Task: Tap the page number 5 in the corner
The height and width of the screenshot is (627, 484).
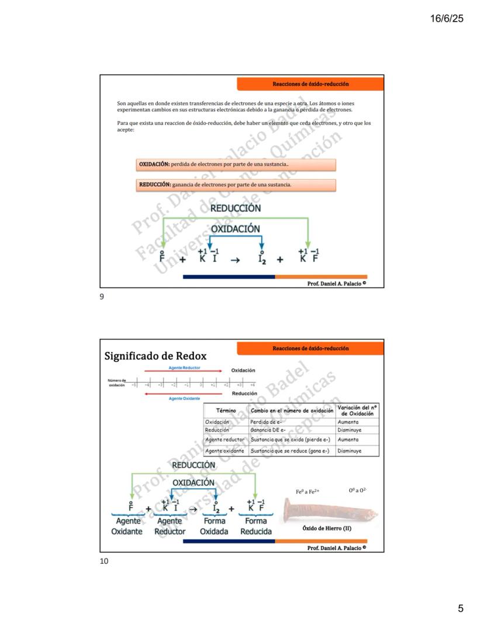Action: [x=461, y=609]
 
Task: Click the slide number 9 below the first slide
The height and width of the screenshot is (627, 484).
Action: [x=102, y=297]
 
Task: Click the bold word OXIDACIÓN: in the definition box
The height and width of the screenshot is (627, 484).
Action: [x=154, y=165]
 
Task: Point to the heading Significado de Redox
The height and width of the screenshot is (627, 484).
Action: [x=155, y=356]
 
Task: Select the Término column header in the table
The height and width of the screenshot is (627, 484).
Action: [x=226, y=411]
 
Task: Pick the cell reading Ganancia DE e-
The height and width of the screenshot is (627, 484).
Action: [x=267, y=430]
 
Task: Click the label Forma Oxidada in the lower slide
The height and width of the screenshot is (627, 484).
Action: [x=214, y=526]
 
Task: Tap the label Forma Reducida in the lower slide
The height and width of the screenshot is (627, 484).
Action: [x=255, y=526]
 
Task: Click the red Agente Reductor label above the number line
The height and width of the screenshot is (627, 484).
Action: [x=184, y=368]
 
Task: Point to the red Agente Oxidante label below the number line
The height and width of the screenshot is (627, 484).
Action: [x=184, y=398]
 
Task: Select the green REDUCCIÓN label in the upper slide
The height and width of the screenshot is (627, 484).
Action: [x=236, y=208]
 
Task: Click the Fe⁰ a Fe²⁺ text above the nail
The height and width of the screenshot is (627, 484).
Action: [x=308, y=492]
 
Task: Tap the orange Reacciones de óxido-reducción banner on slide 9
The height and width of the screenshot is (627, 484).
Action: [x=310, y=84]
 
